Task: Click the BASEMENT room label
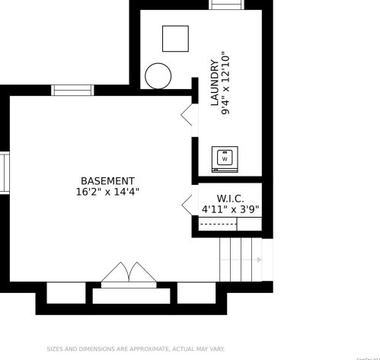[107, 181]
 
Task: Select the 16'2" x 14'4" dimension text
[107, 193]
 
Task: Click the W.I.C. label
[229, 198]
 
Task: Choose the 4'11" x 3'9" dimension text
[229, 209]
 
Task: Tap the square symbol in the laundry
[175, 39]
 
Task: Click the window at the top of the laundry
[226, 5]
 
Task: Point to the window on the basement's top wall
[72, 90]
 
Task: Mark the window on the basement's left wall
[4, 173]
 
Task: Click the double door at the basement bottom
[128, 276]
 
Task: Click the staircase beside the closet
[240, 260]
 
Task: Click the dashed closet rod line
[218, 225]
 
